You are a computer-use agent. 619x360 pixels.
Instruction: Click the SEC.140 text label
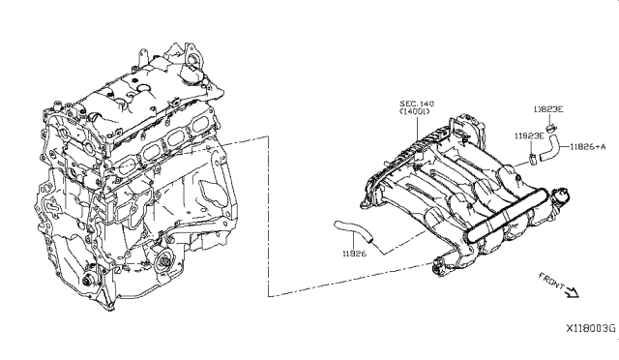pyautogui.click(x=417, y=104)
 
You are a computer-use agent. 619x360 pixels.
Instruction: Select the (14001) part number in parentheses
pyautogui.click(x=415, y=111)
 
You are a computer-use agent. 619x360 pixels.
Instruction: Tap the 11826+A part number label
pyautogui.click(x=587, y=146)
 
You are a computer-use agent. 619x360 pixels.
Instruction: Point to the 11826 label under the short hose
pyautogui.click(x=354, y=253)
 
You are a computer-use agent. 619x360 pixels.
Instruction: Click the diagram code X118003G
pyautogui.click(x=591, y=328)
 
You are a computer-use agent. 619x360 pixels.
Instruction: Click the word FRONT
pyautogui.click(x=551, y=280)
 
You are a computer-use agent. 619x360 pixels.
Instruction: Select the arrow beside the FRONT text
pyautogui.click(x=572, y=292)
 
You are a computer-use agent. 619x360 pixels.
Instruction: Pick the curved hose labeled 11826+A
pyautogui.click(x=548, y=148)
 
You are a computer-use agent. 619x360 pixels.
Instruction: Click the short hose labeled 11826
pyautogui.click(x=353, y=230)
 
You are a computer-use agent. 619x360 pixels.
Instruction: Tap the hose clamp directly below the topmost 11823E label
pyautogui.click(x=551, y=127)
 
